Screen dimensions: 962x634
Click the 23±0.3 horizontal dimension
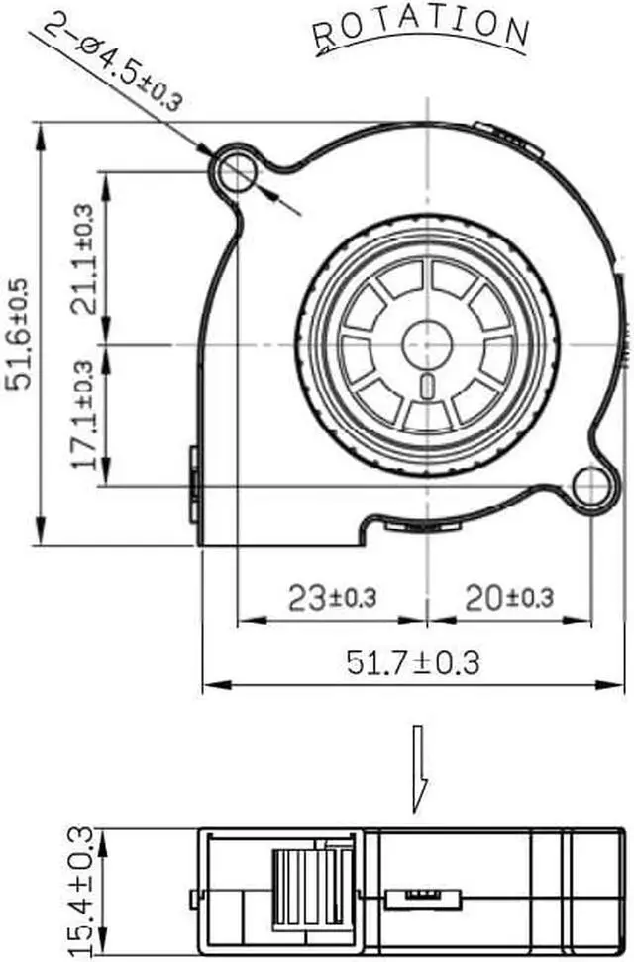coord(332,597)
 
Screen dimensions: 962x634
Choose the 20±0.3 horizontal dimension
coord(509,597)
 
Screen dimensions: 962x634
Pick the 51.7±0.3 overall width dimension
coord(413,661)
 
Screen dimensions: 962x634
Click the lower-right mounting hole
coord(591,484)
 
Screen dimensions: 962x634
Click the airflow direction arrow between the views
coord(421,762)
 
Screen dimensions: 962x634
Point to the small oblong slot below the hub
coord(427,385)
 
